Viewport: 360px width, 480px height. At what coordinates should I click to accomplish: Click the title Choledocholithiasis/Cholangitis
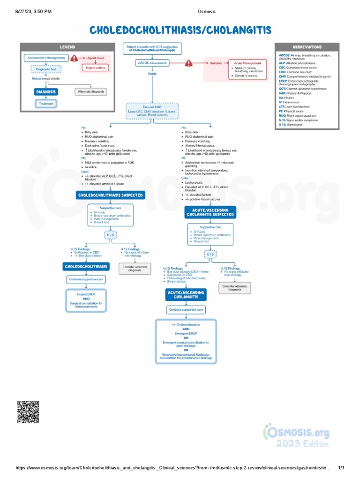coord(180,30)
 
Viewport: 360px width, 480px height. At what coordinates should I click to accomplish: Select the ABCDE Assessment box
coord(152,63)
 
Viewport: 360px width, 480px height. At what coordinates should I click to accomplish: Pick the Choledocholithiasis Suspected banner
coord(111,195)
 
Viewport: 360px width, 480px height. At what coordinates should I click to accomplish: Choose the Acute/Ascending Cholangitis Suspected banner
coord(210,212)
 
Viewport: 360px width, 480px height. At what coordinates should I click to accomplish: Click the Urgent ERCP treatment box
coord(86,300)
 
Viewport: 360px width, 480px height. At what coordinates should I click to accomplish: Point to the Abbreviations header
coord(307,47)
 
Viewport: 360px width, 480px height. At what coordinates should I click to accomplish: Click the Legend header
coord(67,47)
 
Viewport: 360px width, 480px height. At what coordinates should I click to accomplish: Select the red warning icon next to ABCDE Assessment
coord(188,63)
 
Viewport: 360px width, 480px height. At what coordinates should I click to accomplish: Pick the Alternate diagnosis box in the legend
coord(90,92)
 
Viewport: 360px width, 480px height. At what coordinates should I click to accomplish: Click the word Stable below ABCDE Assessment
coord(152,74)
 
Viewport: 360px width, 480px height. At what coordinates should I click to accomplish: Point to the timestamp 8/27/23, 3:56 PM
coord(28,11)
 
